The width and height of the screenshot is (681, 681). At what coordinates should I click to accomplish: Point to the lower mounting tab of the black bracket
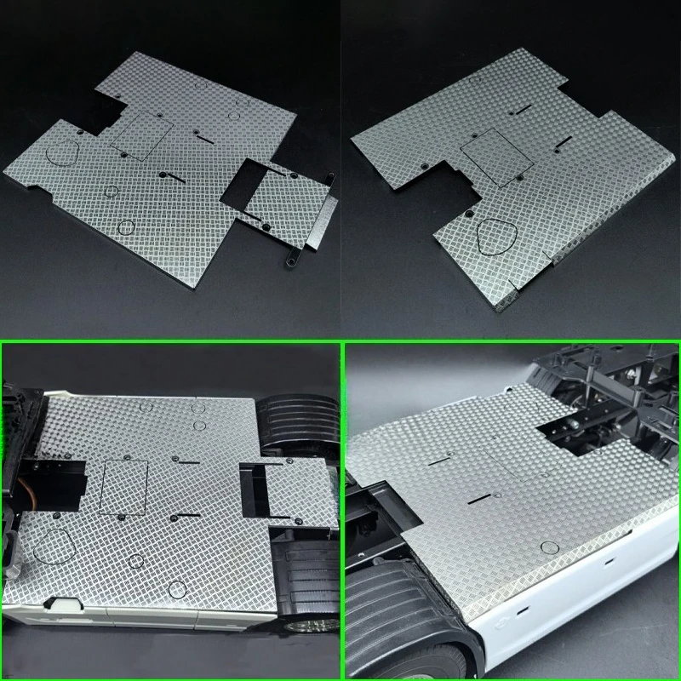pyautogui.click(x=293, y=257)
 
